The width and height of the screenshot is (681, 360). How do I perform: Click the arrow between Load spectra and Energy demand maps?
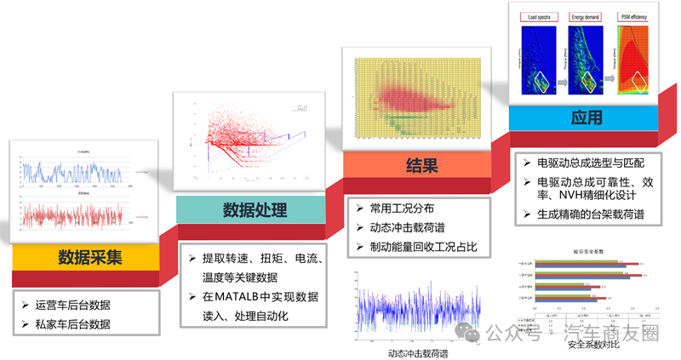pyautogui.click(x=564, y=83)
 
